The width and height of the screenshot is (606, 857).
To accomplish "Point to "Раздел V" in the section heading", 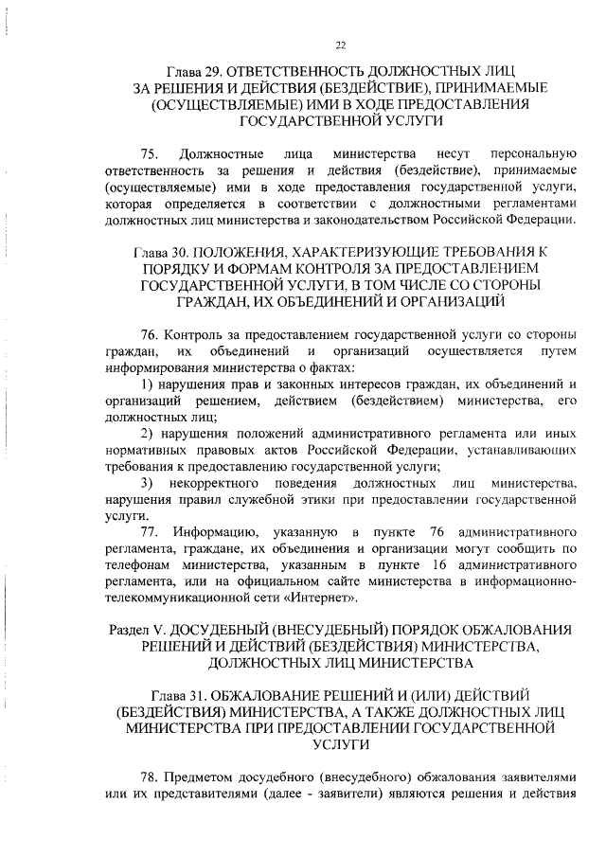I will pyautogui.click(x=135, y=630).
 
